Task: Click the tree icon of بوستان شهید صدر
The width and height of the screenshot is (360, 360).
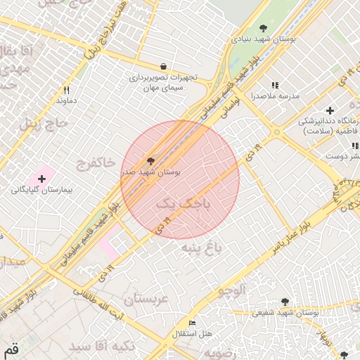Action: point(151,160)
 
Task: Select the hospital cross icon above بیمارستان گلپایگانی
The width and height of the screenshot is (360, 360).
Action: point(41,179)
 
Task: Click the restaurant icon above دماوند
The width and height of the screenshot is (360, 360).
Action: point(67,90)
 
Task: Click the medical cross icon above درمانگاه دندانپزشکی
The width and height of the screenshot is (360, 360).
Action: point(330,110)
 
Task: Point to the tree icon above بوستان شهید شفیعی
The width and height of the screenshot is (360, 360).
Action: point(285,301)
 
